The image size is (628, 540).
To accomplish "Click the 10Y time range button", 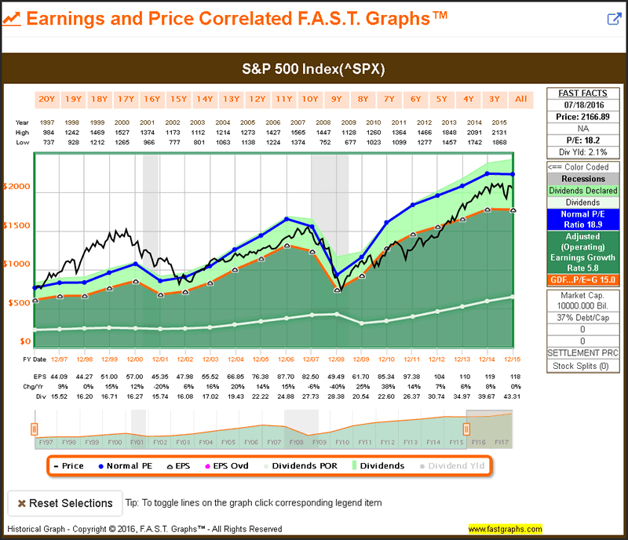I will (x=310, y=99).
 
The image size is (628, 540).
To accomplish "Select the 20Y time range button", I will (x=47, y=99).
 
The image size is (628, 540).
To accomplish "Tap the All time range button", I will (x=520, y=99).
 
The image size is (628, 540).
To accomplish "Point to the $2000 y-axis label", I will (x=17, y=187).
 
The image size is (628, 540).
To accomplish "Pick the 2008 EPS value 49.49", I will (x=336, y=378).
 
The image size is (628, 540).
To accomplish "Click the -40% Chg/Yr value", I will (x=336, y=387).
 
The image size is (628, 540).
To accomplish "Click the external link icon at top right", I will (x=614, y=19).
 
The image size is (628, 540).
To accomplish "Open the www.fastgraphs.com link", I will (x=505, y=528).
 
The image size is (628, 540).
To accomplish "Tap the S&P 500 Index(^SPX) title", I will (x=313, y=69).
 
